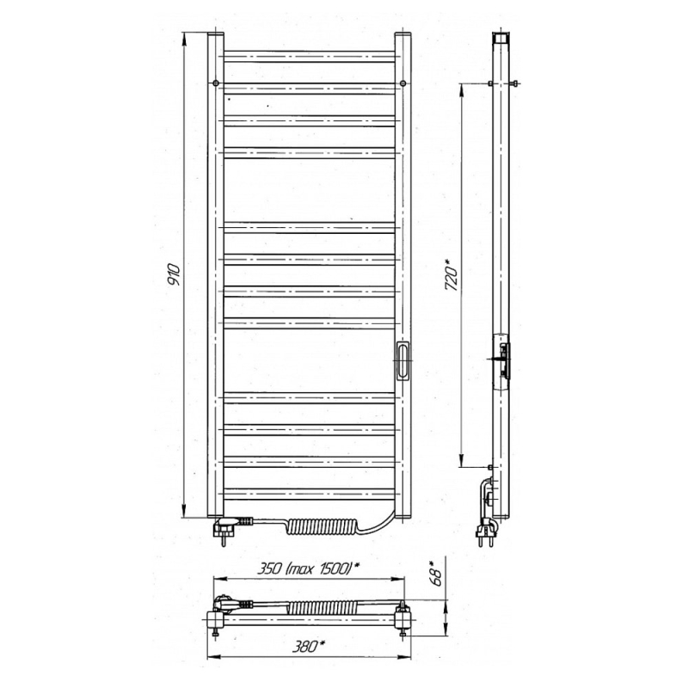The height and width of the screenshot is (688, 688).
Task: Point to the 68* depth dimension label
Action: [436, 574]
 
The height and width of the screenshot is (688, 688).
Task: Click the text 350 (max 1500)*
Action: [308, 568]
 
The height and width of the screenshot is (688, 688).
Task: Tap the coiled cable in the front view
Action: [322, 526]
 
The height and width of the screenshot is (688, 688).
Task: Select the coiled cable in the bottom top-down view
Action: [322, 608]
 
